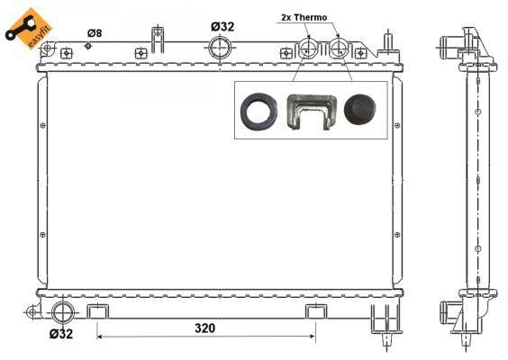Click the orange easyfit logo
29,29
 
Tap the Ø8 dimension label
95,33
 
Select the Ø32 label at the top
222,26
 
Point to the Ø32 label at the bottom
61,334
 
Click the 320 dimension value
204,328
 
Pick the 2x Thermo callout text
304,17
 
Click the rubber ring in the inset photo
259,112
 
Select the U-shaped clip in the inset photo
312,112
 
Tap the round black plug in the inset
360,110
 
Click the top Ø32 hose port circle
220,48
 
